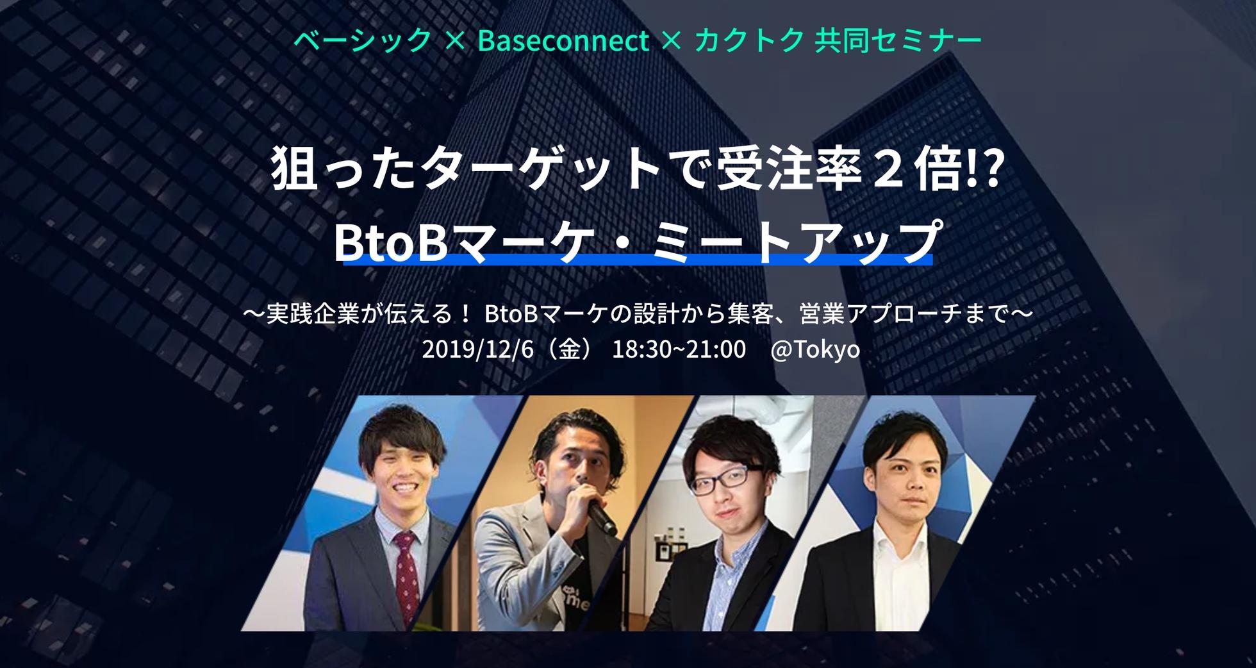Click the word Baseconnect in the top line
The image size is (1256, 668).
click(563, 41)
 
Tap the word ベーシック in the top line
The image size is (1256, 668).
click(363, 41)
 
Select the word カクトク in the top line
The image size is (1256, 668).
click(749, 41)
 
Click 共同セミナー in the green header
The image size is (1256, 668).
click(898, 41)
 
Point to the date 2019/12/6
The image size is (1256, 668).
click(477, 350)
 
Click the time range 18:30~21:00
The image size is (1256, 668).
click(679, 350)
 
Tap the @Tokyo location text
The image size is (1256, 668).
click(815, 350)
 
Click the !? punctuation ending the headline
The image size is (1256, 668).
click(983, 171)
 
